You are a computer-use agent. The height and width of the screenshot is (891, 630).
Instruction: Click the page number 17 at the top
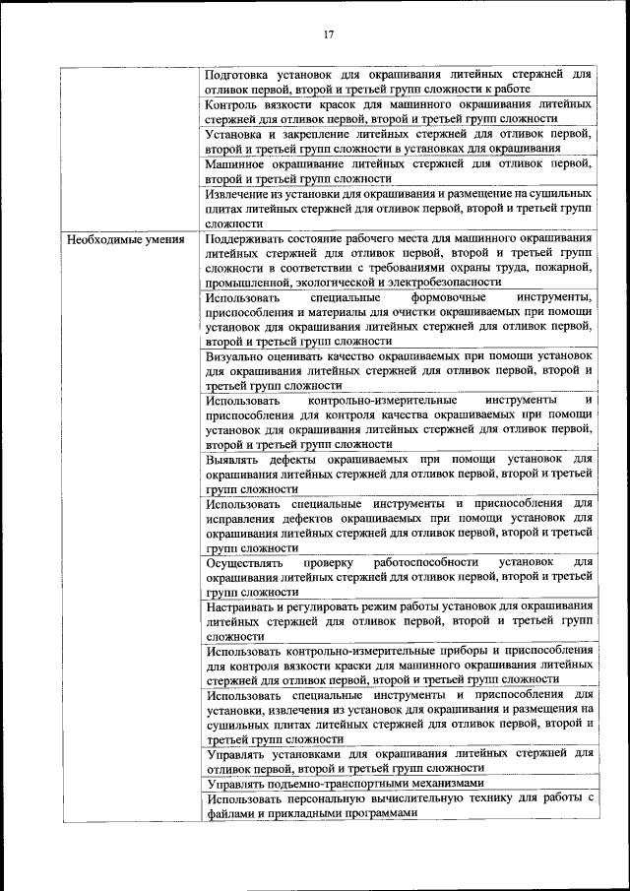coord(329,34)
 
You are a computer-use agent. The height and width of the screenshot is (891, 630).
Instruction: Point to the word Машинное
coord(234,164)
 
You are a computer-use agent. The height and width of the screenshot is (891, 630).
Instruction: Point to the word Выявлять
coord(234,459)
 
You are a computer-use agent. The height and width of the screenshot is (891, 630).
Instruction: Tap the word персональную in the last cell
coord(333,797)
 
